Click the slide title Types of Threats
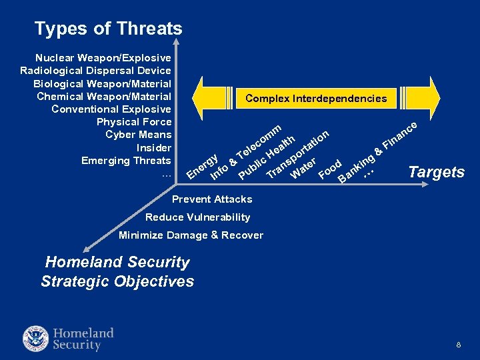(108, 29)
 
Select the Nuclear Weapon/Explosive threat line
(103, 58)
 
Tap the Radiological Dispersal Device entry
(96, 71)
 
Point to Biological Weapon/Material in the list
(103, 84)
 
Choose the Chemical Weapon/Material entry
(104, 97)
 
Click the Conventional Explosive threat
(111, 109)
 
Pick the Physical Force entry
(134, 122)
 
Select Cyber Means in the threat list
(139, 135)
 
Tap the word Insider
(154, 147)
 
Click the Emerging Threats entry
(126, 161)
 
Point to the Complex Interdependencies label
(316, 98)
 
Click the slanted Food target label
(331, 169)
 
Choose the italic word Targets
(436, 172)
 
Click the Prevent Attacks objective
(212, 199)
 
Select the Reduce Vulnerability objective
(197, 217)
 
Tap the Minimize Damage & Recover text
(191, 235)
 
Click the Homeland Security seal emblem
(36, 339)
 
